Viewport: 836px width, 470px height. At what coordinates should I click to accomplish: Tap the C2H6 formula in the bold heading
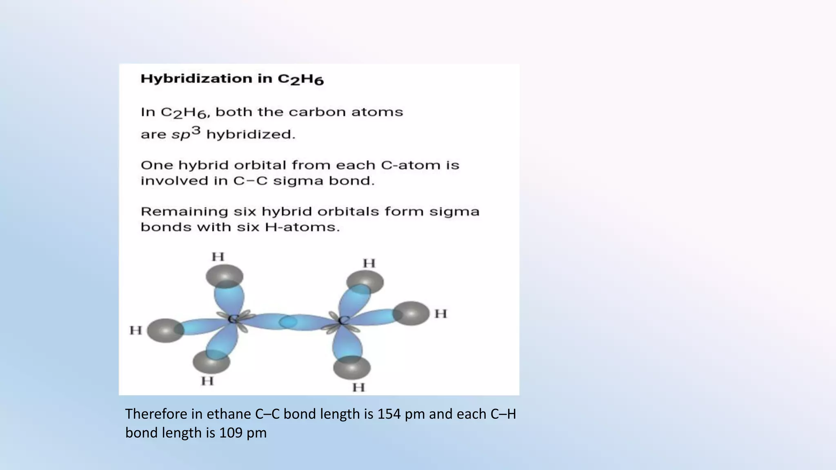301,80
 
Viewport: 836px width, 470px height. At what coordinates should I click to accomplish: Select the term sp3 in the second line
186,133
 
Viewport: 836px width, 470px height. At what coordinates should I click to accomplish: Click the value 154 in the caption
387,414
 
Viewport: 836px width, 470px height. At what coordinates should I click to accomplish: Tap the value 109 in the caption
229,433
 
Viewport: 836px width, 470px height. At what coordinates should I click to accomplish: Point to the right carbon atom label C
344,320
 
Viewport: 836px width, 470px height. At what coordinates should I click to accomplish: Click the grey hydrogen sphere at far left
165,330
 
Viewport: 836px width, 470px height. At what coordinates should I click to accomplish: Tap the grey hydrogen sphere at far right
412,313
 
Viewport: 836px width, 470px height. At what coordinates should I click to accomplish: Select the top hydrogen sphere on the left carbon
224,276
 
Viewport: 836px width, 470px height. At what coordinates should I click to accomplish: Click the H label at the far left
136,330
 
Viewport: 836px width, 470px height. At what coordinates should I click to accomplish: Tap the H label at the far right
441,314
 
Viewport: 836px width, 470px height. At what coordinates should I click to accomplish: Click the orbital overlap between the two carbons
288,322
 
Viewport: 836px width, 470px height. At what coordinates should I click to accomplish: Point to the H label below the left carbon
207,381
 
